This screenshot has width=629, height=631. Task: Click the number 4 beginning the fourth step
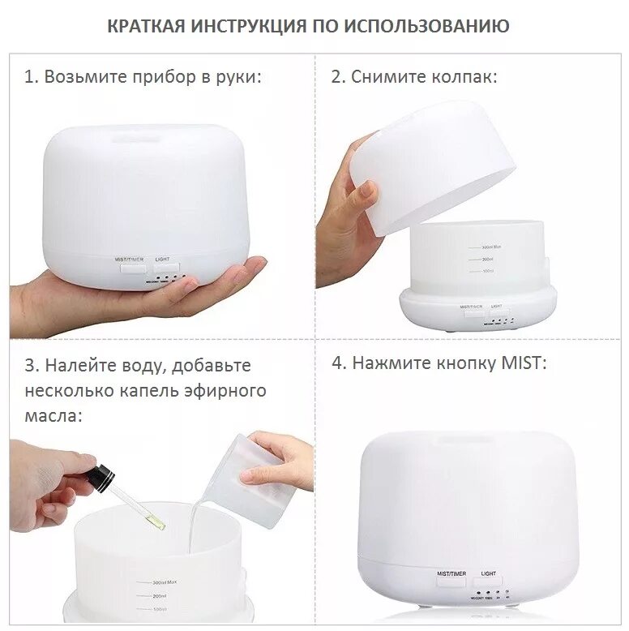[x=337, y=363]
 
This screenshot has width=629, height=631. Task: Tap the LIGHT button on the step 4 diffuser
[x=489, y=581]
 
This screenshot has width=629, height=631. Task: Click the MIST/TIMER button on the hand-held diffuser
[x=130, y=266]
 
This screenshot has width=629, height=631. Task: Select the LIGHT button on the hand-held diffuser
[x=166, y=266]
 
